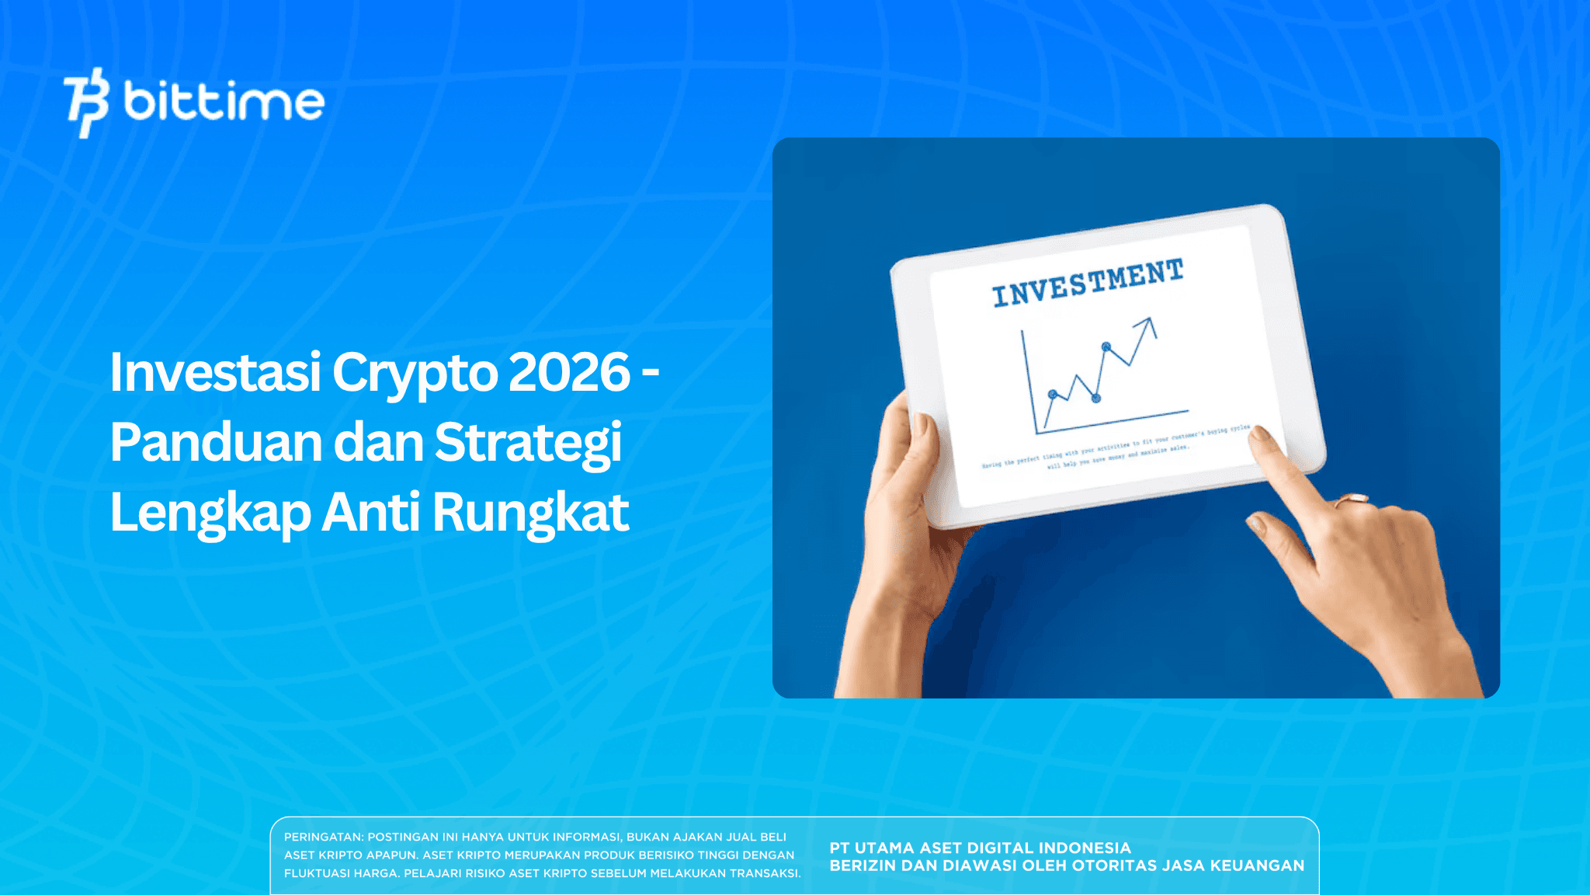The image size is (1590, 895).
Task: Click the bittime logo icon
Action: [85, 102]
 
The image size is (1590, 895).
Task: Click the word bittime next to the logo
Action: [224, 102]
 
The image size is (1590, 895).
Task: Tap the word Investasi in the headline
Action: [215, 372]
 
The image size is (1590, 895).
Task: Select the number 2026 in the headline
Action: [569, 372]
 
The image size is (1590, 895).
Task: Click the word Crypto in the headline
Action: [415, 374]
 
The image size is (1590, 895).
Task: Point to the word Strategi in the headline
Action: [528, 443]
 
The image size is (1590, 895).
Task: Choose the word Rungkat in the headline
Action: [530, 513]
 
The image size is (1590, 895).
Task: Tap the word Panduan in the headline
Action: [216, 443]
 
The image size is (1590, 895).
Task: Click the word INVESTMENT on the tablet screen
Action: [1088, 283]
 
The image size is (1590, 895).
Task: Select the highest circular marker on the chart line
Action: [1106, 347]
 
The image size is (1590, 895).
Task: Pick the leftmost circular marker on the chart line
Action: [1053, 395]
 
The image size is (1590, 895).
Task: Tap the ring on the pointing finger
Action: [1351, 500]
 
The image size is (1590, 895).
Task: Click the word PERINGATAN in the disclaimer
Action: [323, 837]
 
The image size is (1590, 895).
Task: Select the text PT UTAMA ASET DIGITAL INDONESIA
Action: [980, 848]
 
